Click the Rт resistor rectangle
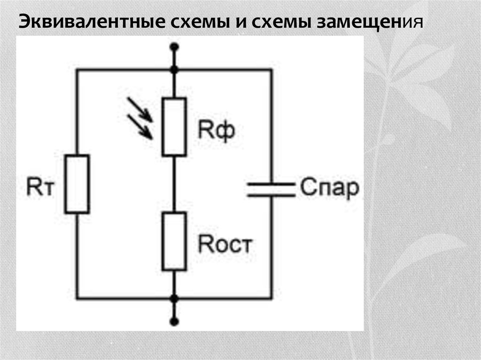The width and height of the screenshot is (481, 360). point(77,184)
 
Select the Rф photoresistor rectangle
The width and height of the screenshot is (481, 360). point(174,127)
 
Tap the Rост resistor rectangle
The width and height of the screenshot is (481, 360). point(174,241)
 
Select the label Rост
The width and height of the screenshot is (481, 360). point(225,245)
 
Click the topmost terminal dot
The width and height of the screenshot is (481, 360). point(174,46)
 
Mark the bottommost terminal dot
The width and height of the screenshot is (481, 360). point(174,322)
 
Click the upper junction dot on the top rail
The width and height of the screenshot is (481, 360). point(174,70)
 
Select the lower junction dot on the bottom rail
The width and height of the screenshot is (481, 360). point(174,299)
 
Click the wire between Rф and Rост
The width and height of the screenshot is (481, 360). point(174,184)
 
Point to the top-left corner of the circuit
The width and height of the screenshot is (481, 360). point(77,70)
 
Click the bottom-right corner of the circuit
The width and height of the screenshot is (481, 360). point(271,299)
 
